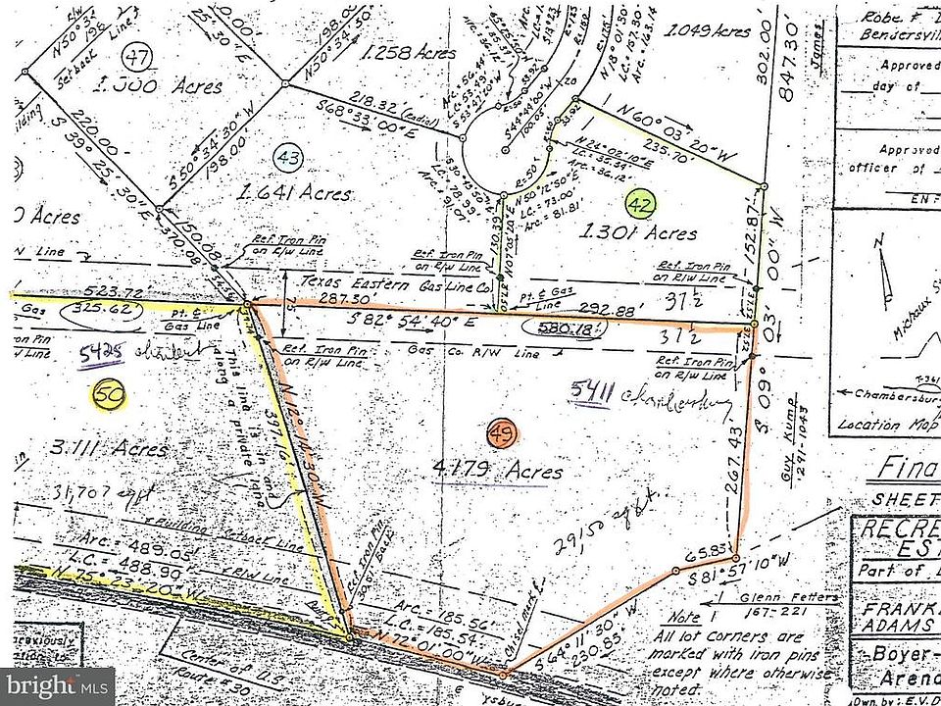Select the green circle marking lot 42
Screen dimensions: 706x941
642,205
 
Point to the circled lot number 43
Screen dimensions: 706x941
286,156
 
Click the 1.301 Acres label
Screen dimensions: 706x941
638,233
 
